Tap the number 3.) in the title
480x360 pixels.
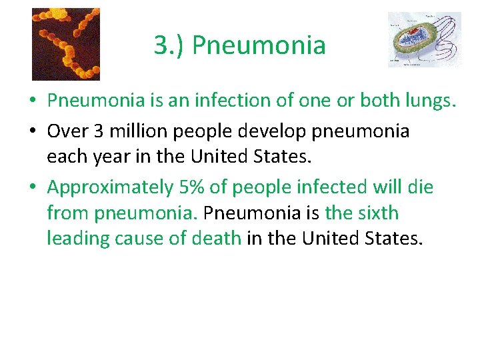coord(169,45)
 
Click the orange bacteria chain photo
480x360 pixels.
coord(66,44)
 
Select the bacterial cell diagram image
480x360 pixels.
coord(424,39)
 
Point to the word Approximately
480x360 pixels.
coord(110,187)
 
